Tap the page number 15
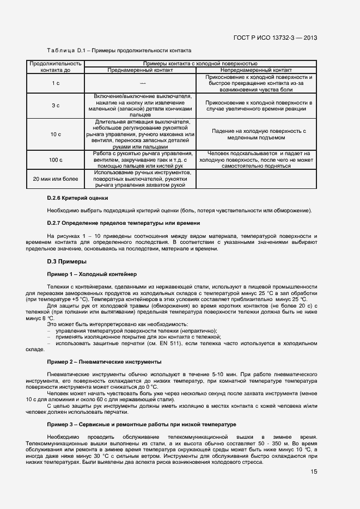314,471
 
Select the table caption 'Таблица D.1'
64,50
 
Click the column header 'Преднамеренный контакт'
142,70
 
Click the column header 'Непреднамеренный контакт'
256,70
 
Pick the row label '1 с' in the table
56,83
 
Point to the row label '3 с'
56,105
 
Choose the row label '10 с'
56,134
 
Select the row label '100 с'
56,160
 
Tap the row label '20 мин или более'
56,179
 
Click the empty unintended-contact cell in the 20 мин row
256,179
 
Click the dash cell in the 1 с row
142,83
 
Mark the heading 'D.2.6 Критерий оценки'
78,198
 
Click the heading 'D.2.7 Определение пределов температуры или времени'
124,223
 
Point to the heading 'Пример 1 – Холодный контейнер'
92,274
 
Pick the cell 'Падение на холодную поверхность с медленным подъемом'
256,134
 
